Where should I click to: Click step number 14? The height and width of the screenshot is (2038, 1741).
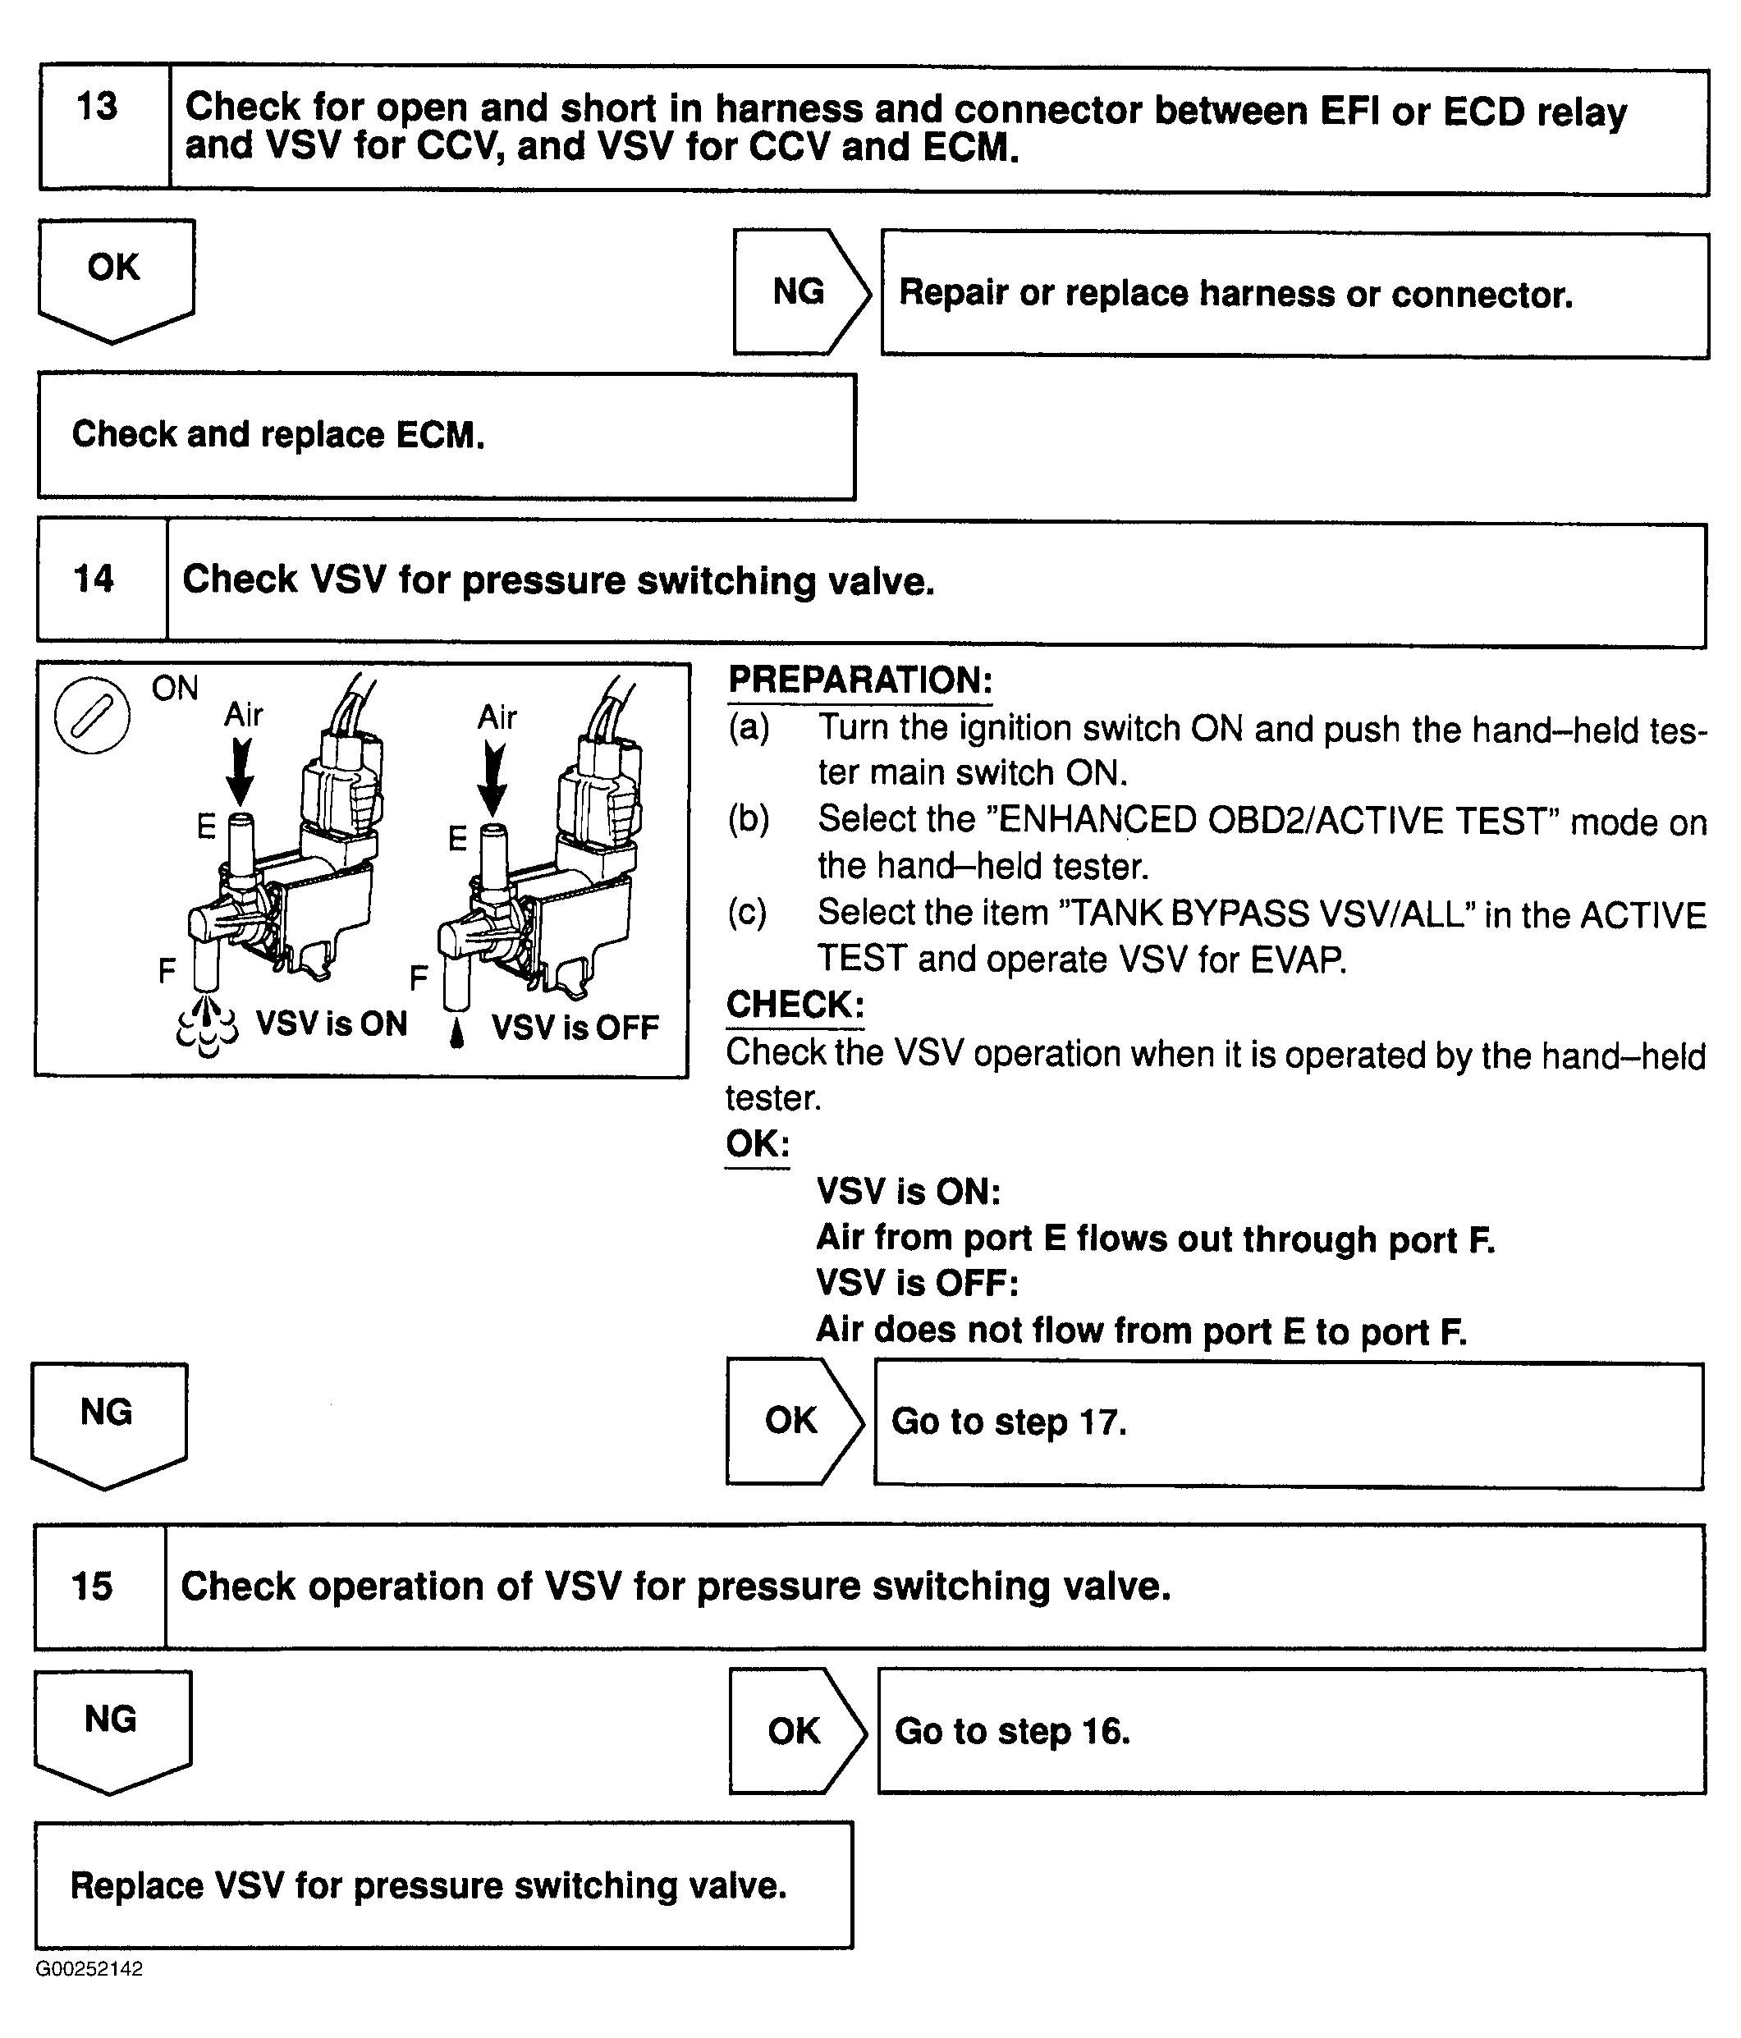pyautogui.click(x=94, y=579)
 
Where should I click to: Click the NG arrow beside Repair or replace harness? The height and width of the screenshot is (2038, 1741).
pyautogui.click(x=799, y=292)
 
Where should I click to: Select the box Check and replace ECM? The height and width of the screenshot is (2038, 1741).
pyautogui.click(x=446, y=436)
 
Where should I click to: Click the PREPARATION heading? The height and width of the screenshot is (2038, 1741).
pyautogui.click(x=859, y=680)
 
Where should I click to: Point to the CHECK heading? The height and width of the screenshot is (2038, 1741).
pyautogui.click(x=795, y=1005)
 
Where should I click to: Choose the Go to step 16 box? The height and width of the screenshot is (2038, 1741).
pyautogui.click(x=1290, y=1731)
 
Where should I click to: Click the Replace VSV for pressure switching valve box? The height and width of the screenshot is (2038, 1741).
pyautogui.click(x=443, y=1885)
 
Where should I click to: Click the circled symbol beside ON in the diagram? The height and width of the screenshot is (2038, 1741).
pyautogui.click(x=91, y=716)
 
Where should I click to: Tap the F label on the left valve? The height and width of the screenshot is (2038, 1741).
pyautogui.click(x=167, y=972)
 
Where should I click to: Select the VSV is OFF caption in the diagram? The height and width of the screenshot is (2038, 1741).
pyautogui.click(x=575, y=1028)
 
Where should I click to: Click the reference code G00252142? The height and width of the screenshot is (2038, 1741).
pyautogui.click(x=89, y=1969)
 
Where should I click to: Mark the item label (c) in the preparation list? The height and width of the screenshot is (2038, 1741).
pyautogui.click(x=748, y=913)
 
